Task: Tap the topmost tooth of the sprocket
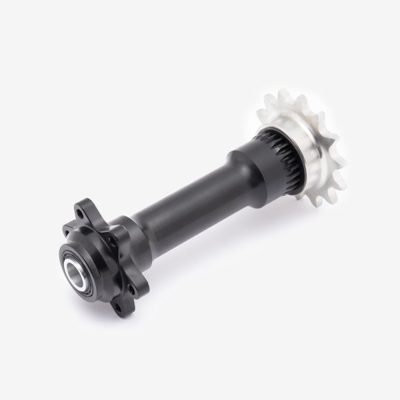pos(283,92)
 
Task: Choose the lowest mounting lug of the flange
pos(122,305)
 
